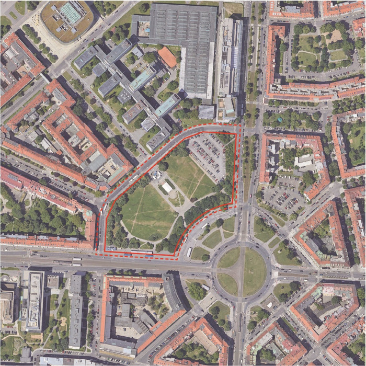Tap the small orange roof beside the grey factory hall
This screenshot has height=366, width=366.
click(167, 57)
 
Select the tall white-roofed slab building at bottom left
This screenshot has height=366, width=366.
click(35, 301)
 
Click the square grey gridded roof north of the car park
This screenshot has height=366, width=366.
click(207, 111)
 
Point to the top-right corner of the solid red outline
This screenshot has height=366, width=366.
click(236, 134)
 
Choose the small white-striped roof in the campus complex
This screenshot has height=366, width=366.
click(148, 123)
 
